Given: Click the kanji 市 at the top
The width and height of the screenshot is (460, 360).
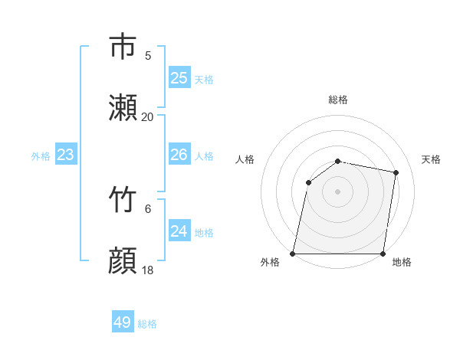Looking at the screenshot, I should pos(123,47).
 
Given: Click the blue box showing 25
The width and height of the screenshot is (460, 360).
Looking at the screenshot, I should pos(179,78).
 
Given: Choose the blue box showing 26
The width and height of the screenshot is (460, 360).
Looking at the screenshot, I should pos(179,155).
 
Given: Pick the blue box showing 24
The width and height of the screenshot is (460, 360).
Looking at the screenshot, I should pos(179,231).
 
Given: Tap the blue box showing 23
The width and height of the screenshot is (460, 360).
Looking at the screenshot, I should pos(65,155).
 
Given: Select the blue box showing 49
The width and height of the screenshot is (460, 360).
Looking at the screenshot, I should pos(122,322).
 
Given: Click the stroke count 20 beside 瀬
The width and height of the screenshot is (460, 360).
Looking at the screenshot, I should pos(147,117).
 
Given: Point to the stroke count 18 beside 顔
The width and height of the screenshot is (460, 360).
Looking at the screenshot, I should pos(147,270).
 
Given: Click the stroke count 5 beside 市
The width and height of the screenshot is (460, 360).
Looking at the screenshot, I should pos(148,55).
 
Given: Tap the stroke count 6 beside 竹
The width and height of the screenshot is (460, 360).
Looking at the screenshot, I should pos(148,208).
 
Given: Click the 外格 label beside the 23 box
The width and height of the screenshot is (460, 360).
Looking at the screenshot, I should pos(41,155).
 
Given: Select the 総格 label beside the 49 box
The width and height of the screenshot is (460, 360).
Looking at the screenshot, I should pos(147,324).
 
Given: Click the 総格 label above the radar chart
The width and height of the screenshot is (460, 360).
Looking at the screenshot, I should pos(338,100).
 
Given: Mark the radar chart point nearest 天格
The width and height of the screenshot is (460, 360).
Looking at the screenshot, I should pos(396,173).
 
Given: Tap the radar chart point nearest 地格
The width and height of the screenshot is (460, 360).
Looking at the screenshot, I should pos(383,254).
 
